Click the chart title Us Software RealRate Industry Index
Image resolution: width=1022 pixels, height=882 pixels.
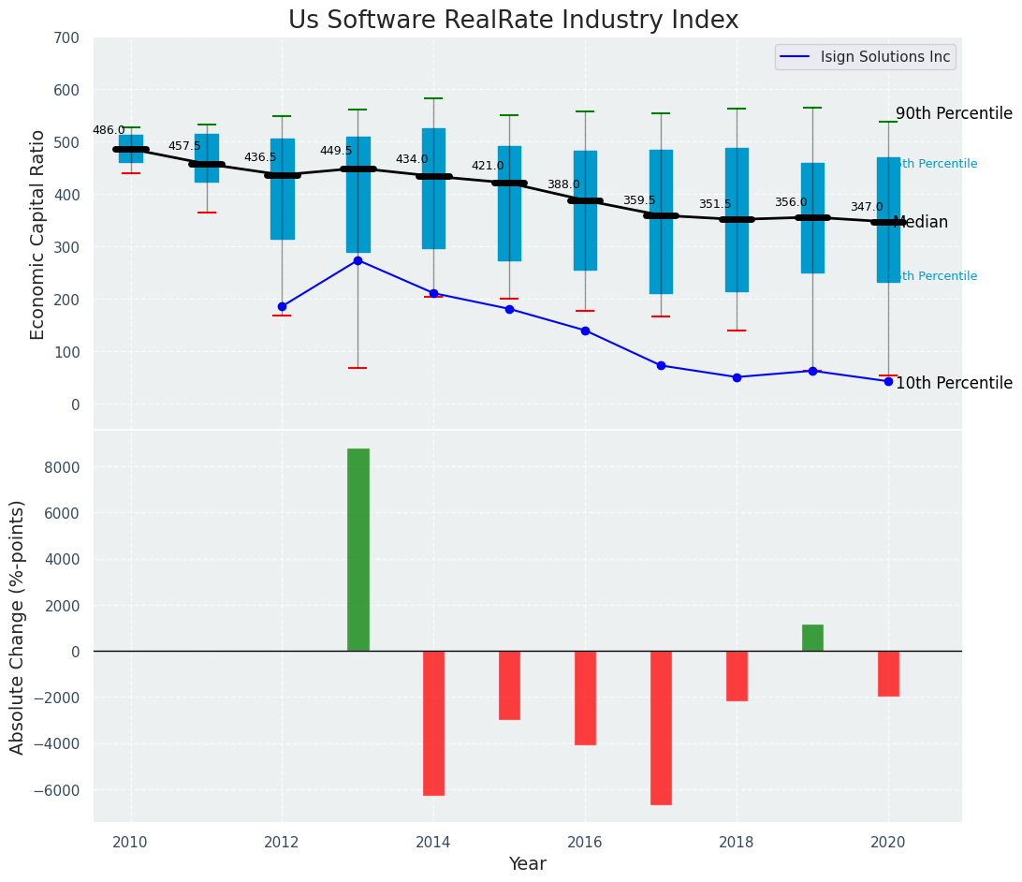(x=513, y=21)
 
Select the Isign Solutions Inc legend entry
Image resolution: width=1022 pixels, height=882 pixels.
(x=884, y=57)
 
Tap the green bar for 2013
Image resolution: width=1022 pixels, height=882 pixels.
(x=358, y=550)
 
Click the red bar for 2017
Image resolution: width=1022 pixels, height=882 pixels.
(x=661, y=728)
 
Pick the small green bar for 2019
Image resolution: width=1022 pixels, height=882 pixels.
(x=812, y=638)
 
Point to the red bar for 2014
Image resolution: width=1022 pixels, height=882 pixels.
(x=433, y=723)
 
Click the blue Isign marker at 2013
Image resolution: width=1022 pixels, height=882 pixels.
(x=358, y=260)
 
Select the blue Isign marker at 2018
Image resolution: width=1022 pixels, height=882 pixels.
(x=737, y=377)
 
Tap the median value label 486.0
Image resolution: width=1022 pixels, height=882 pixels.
(x=109, y=131)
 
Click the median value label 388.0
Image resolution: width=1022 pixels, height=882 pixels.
(x=563, y=185)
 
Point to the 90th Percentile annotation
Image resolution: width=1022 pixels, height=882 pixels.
(x=954, y=114)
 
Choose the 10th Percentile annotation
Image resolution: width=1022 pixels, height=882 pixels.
(x=954, y=384)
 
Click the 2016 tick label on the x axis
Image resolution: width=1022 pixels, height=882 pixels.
(x=585, y=842)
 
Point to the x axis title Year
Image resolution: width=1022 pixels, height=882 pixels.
(x=527, y=864)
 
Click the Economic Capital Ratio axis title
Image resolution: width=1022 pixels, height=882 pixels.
(x=38, y=234)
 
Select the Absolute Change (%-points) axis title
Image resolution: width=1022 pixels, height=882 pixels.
(x=18, y=626)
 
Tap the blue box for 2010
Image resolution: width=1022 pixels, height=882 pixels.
(x=131, y=148)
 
